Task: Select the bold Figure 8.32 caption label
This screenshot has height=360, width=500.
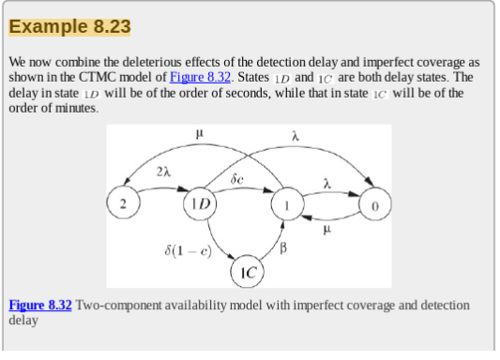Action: tap(40, 306)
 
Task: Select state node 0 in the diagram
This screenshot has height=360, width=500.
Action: tap(375, 203)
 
